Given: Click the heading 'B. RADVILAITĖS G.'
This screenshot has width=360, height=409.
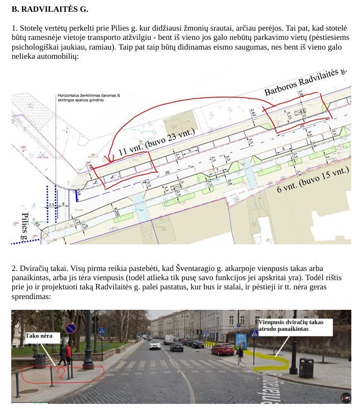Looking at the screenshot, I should (50, 9).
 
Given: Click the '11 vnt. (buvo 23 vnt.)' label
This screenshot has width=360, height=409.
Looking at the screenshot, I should (157, 142).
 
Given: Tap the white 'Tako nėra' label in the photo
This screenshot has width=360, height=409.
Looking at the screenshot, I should (42, 336).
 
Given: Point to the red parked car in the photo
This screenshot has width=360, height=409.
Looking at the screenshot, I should (223, 349).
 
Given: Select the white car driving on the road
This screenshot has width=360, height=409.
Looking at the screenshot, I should (155, 345).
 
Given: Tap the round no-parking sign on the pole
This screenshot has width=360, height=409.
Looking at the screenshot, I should (71, 328).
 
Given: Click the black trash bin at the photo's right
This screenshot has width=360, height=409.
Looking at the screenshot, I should (305, 367).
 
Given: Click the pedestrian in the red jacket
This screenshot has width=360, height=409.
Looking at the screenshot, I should (68, 352).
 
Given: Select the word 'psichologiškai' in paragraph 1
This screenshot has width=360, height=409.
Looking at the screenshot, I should (36, 47).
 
